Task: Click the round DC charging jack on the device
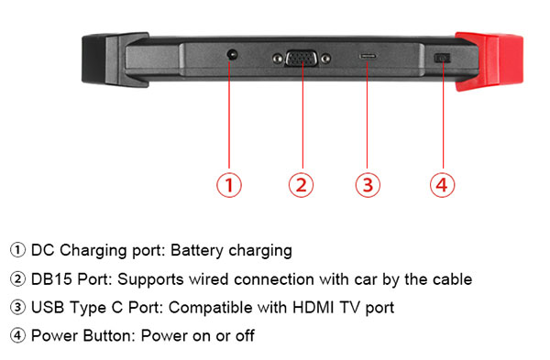(x=232, y=55)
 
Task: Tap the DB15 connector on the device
(x=302, y=59)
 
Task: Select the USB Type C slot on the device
(x=368, y=56)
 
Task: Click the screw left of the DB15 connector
(x=278, y=59)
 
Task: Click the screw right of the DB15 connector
(x=325, y=59)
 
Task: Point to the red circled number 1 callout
(x=229, y=185)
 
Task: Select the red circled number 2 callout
(x=302, y=185)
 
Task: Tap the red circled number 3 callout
(x=368, y=185)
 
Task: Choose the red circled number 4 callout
(x=443, y=185)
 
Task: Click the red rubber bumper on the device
(x=489, y=61)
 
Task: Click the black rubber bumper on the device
(x=115, y=60)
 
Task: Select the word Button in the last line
(x=109, y=336)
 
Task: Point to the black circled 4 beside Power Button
(x=17, y=335)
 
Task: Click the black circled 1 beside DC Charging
(x=17, y=250)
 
